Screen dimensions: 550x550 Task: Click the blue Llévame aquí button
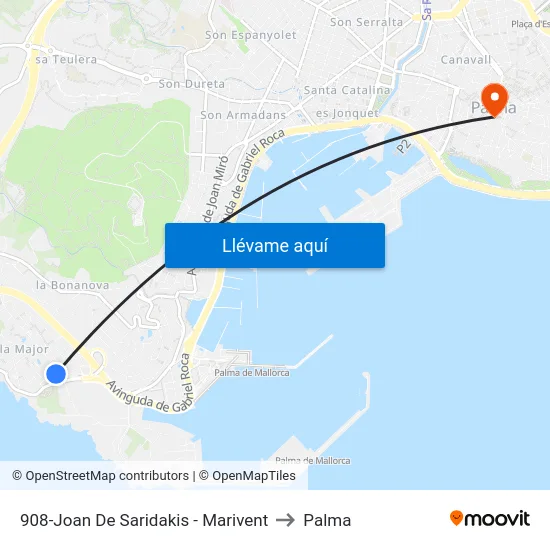click(x=274, y=245)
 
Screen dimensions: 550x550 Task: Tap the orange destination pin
click(x=493, y=98)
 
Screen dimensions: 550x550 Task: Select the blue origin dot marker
click(x=56, y=373)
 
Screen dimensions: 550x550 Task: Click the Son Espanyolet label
click(x=250, y=35)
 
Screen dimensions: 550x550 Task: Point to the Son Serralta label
click(x=366, y=22)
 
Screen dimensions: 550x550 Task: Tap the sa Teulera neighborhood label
click(x=66, y=60)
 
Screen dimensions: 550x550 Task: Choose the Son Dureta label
click(x=192, y=85)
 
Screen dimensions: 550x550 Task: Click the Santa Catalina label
click(x=346, y=90)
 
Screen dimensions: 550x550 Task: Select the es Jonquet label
click(x=346, y=113)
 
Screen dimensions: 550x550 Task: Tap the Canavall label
click(x=466, y=59)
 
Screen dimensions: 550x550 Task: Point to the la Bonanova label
click(x=72, y=285)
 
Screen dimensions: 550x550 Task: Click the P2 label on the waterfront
click(x=404, y=146)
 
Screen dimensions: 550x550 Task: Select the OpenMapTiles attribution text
click(x=254, y=476)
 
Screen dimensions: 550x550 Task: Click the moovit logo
click(x=490, y=519)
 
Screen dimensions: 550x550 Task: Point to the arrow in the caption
click(x=286, y=520)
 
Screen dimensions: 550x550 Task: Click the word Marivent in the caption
click(x=236, y=520)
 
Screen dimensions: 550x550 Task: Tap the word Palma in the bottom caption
click(x=327, y=520)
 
